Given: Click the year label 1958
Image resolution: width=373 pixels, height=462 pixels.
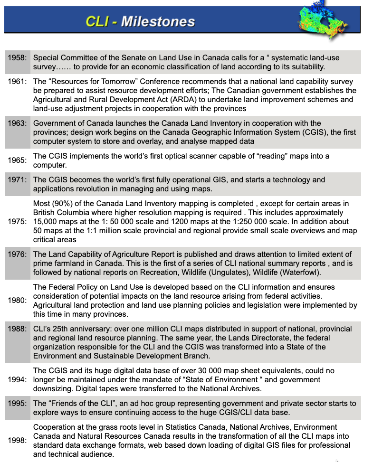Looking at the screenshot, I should point(17,57).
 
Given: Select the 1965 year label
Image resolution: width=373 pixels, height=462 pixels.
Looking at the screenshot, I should point(17,160).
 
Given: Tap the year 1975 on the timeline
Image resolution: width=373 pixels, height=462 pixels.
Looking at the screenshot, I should point(17,221).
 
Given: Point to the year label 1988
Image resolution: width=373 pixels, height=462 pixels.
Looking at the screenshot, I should point(17,329).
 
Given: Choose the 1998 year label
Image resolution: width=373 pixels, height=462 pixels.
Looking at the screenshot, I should point(17,440).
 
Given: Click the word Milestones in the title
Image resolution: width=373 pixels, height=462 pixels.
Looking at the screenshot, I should point(158,21).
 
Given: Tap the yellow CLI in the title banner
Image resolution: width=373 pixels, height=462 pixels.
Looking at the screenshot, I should point(97,21).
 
